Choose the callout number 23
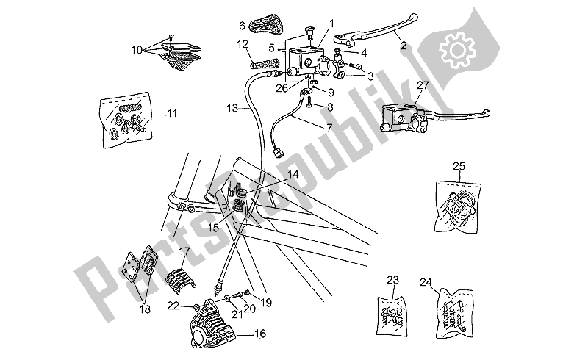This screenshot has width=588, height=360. (393, 279)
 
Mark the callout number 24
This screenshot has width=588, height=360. (426, 281)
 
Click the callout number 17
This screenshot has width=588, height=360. (184, 251)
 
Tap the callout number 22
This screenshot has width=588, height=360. (173, 305)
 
